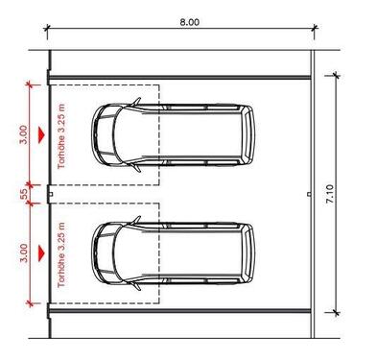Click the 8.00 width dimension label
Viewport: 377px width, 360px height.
pos(189,22)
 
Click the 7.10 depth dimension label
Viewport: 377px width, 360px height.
pos(330,194)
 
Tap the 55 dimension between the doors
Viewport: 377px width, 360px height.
pos(24,194)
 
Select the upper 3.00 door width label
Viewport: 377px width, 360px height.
pos(24,134)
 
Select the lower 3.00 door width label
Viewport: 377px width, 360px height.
pos(24,252)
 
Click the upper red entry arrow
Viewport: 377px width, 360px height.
pos(41,134)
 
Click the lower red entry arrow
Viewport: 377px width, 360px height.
pos(41,253)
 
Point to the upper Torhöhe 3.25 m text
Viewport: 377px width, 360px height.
pos(61,136)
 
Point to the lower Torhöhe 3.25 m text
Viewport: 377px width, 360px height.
pos(61,254)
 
